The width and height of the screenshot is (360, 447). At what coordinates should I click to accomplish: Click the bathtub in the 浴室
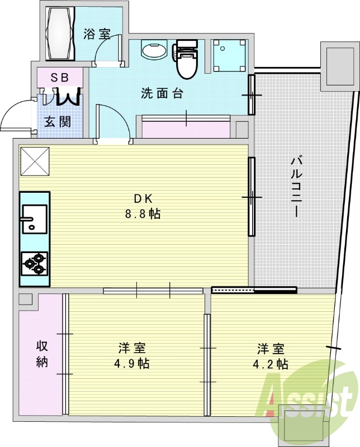click(60, 34)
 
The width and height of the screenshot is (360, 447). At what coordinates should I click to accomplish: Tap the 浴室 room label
click(97, 35)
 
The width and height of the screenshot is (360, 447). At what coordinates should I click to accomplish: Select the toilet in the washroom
click(186, 59)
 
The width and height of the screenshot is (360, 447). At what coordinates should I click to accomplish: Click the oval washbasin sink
click(154, 50)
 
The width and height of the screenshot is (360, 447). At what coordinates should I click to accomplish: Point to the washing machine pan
click(229, 55)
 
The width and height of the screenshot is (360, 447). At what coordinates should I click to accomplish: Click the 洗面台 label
click(162, 93)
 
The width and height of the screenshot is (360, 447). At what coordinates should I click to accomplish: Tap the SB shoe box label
click(59, 78)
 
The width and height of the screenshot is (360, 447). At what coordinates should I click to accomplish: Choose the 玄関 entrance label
click(58, 122)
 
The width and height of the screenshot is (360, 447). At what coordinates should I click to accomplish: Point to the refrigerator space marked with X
click(35, 161)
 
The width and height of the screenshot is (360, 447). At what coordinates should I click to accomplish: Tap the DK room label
click(144, 199)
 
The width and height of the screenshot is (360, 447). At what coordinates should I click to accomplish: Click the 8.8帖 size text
click(143, 213)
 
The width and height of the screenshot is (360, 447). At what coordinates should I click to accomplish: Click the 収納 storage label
click(42, 354)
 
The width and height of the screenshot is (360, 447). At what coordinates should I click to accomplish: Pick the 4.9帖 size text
click(132, 364)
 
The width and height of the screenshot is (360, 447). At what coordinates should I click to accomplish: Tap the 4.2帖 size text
click(270, 364)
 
